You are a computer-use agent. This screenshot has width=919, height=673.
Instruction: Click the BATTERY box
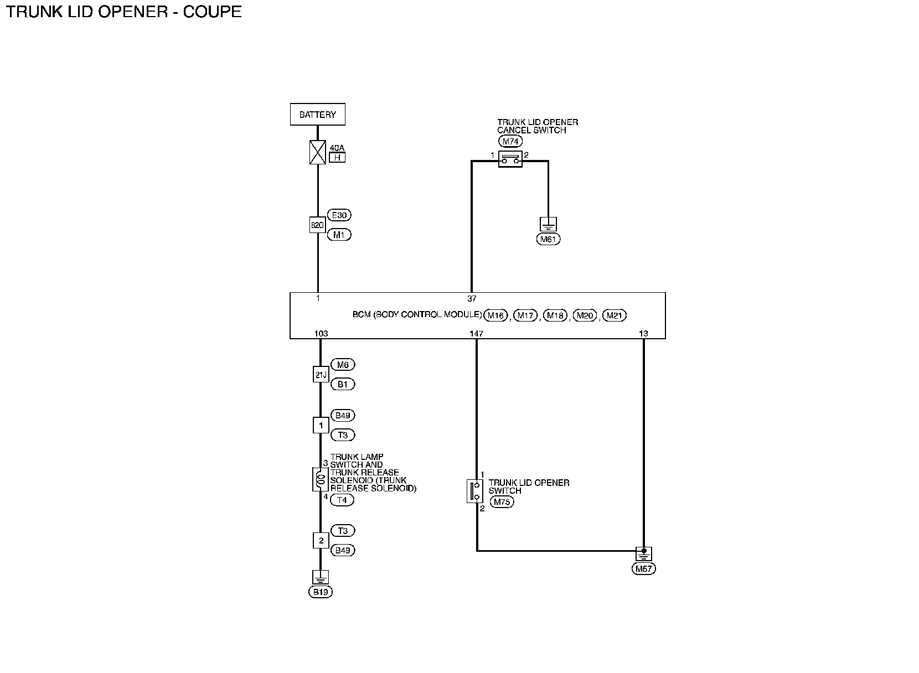click(x=317, y=115)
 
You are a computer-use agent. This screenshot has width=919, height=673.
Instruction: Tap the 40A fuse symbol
click(x=318, y=152)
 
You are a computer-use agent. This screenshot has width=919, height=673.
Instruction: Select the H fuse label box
click(x=337, y=158)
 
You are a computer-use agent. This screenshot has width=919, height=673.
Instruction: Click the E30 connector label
click(x=339, y=215)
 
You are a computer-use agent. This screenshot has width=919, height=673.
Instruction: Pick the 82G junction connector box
click(x=317, y=225)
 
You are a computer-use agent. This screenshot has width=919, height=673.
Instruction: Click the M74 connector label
click(x=510, y=142)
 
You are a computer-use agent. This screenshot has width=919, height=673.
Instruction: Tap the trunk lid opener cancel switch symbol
click(x=510, y=160)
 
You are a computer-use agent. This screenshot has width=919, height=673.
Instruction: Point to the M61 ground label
click(x=548, y=240)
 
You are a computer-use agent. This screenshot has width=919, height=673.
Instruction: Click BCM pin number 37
click(x=472, y=299)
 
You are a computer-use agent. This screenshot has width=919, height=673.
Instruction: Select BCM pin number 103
click(x=321, y=334)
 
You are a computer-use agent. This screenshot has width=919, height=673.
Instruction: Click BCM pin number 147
click(x=476, y=334)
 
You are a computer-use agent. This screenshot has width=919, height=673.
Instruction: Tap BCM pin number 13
click(x=643, y=334)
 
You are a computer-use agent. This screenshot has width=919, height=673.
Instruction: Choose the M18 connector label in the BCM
click(x=555, y=315)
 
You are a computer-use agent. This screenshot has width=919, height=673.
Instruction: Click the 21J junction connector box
click(x=321, y=375)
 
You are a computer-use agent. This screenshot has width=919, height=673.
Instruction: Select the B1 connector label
click(x=343, y=384)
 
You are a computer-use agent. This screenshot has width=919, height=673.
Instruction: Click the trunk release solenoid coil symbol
click(x=321, y=479)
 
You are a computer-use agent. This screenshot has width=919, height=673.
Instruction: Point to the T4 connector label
click(x=342, y=500)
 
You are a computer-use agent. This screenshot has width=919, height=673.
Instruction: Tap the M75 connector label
click(x=502, y=502)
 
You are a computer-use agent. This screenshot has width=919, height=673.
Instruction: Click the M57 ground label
click(x=643, y=569)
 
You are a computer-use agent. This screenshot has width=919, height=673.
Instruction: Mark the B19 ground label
click(x=321, y=592)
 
